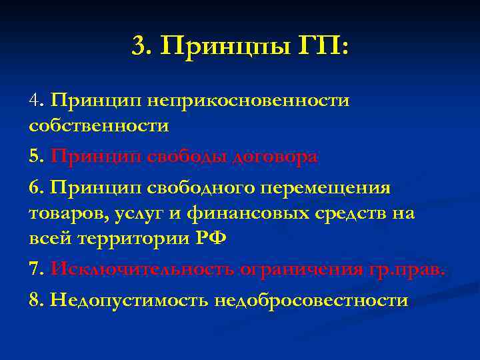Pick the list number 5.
coord(36,157)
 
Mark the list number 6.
coord(36,189)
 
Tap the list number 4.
coord(36,101)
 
